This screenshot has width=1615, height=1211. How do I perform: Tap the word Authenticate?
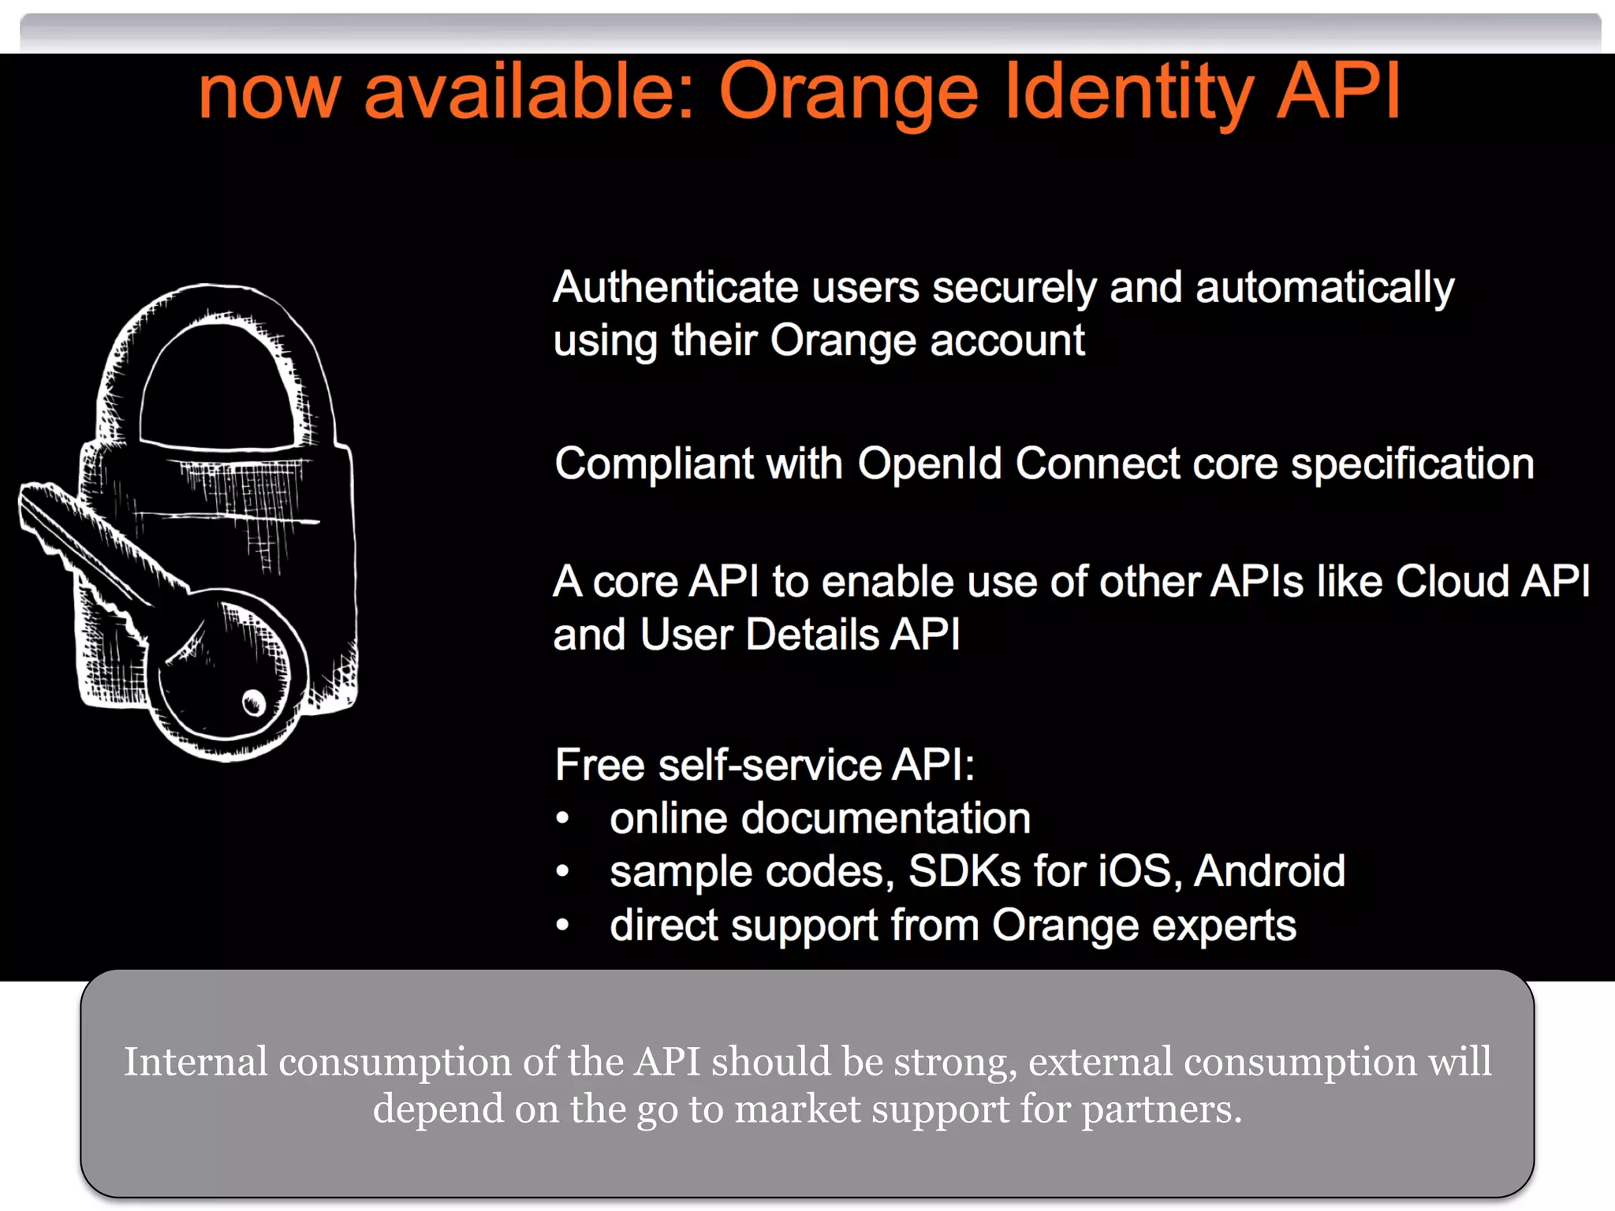[x=676, y=287]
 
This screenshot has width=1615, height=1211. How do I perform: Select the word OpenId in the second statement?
[x=929, y=464]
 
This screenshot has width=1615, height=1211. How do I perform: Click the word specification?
[x=1412, y=464]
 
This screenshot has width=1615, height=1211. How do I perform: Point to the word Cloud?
[x=1452, y=582]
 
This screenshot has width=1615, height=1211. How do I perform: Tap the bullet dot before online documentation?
[x=562, y=818]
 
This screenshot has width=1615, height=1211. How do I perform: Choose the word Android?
[x=1270, y=871]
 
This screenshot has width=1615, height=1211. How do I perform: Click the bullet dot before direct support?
[x=562, y=925]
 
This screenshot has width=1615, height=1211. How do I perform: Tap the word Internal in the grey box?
[x=196, y=1061]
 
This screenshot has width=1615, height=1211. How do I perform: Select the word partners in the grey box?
[x=1161, y=1109]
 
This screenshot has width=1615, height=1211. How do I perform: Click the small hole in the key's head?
[x=254, y=701]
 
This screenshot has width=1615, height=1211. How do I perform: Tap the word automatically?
[x=1325, y=287]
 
